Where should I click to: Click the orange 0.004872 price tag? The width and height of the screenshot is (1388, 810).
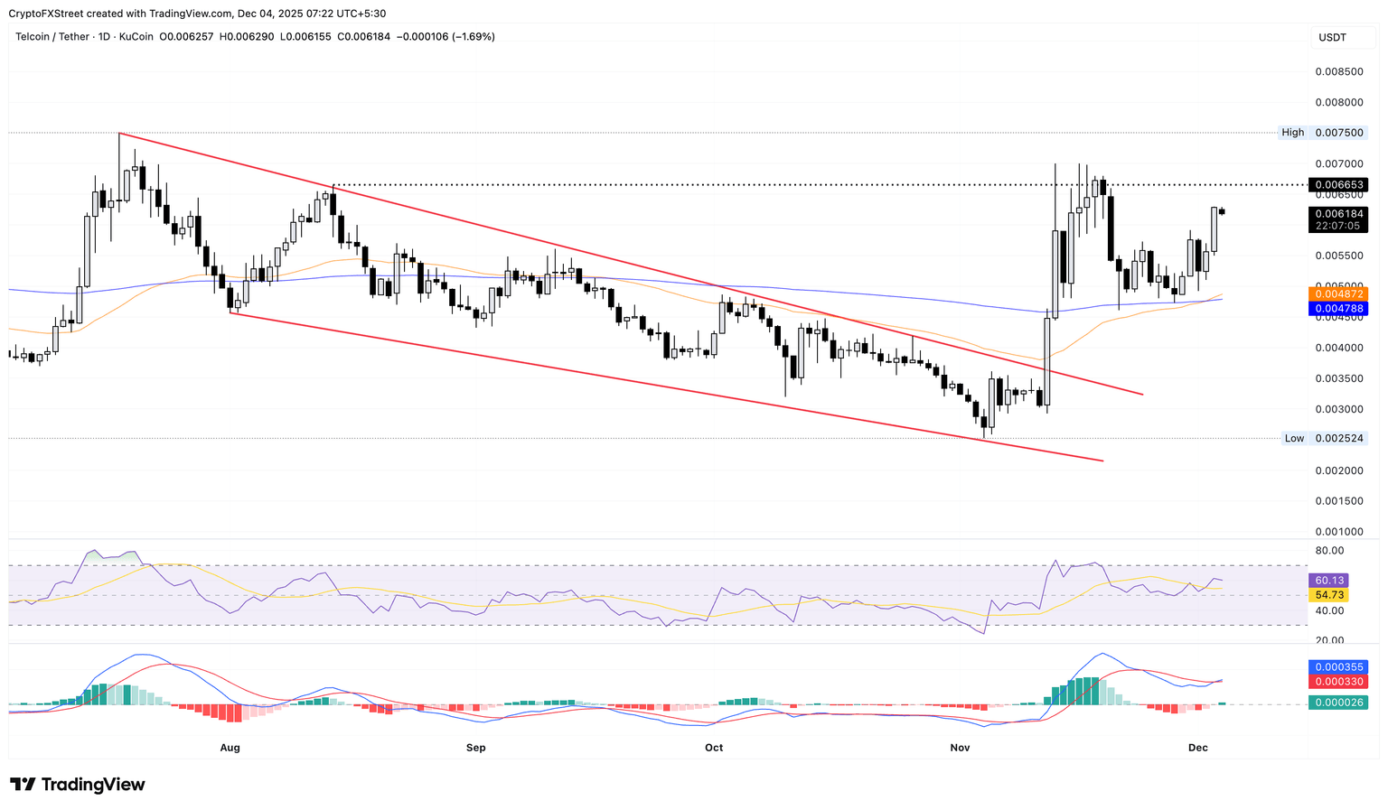[1337, 294]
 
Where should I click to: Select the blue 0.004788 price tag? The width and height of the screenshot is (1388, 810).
[1337, 309]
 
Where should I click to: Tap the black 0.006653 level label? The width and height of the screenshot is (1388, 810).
[1337, 185]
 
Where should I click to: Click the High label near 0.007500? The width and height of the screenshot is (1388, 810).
[1292, 133]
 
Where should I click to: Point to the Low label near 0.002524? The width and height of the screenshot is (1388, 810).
[1294, 438]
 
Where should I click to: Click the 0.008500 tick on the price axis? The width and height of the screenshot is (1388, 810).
[1338, 71]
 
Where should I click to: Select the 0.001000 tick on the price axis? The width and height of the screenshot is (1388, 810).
[1338, 532]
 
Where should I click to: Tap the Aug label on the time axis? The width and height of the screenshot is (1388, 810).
[230, 748]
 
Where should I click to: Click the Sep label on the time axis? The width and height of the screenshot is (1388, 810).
[475, 748]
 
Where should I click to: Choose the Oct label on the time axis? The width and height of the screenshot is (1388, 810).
[714, 748]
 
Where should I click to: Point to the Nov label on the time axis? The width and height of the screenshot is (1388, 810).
[960, 748]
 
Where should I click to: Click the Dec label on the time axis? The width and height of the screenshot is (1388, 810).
[1198, 748]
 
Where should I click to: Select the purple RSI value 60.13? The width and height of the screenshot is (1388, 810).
[1329, 581]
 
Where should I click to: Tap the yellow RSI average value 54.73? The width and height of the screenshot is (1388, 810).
[1329, 595]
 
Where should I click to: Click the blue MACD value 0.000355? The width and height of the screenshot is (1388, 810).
[1337, 667]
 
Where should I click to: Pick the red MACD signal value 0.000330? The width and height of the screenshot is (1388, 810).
[1337, 682]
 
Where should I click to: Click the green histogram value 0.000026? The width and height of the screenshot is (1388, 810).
[1337, 703]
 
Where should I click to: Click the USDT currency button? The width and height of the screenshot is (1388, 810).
[1332, 37]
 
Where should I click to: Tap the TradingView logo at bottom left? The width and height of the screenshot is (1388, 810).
[78, 785]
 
